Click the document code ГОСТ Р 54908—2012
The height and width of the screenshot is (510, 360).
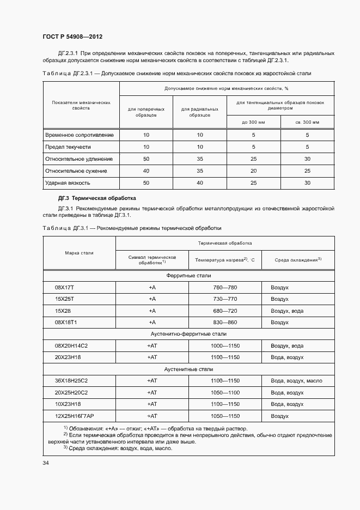[x=72, y=37]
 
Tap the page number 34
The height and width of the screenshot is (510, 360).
[x=45, y=463]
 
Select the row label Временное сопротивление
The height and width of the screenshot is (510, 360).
[x=79, y=135]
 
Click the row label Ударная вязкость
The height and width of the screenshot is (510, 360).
[x=68, y=183]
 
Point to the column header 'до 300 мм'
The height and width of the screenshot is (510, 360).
[x=253, y=122]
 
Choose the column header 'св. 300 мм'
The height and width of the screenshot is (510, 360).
[x=307, y=122]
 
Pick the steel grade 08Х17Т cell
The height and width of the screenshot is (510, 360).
[x=64, y=287]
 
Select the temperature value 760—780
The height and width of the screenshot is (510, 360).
[x=224, y=287]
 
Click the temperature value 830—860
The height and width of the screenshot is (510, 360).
[x=224, y=323]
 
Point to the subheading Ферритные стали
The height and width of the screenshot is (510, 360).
[x=188, y=275]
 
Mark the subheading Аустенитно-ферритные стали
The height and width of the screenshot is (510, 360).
[x=188, y=334]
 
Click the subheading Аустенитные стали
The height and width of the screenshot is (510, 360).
[x=188, y=369]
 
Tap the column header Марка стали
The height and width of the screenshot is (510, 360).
[x=79, y=253]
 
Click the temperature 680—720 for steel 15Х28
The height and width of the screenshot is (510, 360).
[x=224, y=311]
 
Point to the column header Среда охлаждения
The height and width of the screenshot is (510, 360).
[x=297, y=259]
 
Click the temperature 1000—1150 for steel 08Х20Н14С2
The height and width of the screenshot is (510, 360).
[x=224, y=345]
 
